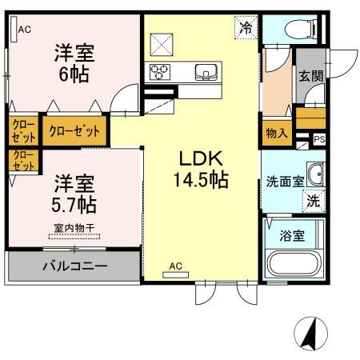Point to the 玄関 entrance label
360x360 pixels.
pyautogui.click(x=310, y=77)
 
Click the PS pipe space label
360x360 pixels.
pyautogui.click(x=319, y=139)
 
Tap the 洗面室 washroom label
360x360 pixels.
pyautogui.click(x=284, y=181)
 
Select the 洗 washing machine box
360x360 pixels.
pyautogui.click(x=314, y=201)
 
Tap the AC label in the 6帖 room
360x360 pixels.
pyautogui.click(x=25, y=30)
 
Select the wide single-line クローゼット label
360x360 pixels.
pyautogui.click(x=74, y=130)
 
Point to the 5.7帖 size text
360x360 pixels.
pyautogui.click(x=74, y=204)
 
